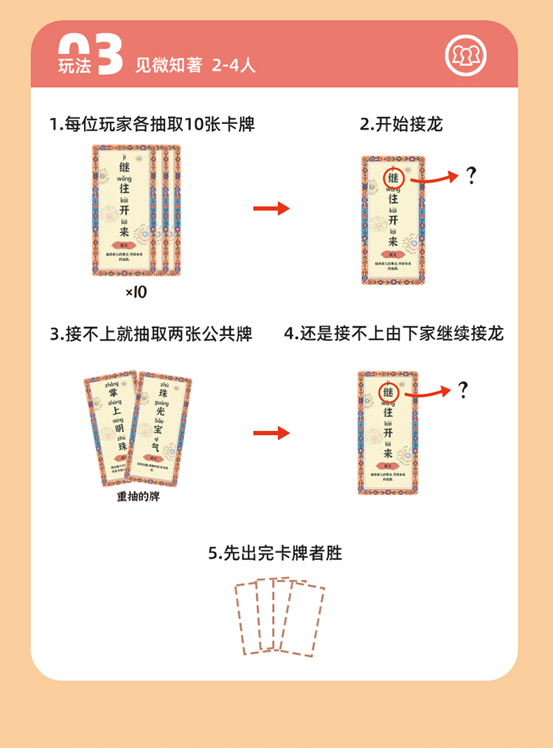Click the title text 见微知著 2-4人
[x=195, y=65]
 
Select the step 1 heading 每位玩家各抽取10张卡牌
[x=152, y=124]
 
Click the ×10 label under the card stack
[x=136, y=293]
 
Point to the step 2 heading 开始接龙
[x=401, y=124]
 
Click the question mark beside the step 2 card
[x=471, y=177]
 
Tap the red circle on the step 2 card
[x=393, y=178]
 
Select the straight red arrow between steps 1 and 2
[x=271, y=209]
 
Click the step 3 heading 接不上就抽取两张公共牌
[x=151, y=334]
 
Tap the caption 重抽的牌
[x=138, y=497]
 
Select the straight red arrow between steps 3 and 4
[x=271, y=433]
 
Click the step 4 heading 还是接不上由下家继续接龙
[x=394, y=334]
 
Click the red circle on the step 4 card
[x=388, y=393]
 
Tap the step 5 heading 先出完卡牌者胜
[x=275, y=553]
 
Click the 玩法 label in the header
[x=74, y=66]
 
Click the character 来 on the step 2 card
[x=393, y=240]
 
